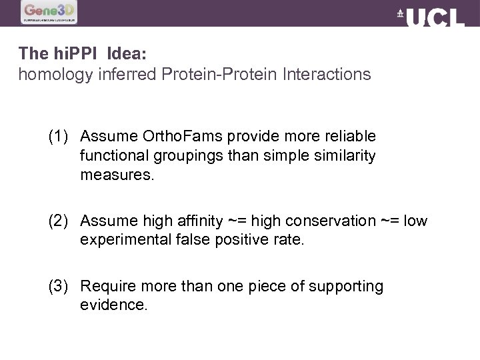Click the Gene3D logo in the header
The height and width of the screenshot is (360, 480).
[49, 12]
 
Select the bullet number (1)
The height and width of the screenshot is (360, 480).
[60, 137]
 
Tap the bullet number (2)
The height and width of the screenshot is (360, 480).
[60, 221]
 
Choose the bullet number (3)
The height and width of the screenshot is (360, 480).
[60, 287]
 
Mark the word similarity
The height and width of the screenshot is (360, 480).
[344, 156]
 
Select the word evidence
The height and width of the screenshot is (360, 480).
[113, 305]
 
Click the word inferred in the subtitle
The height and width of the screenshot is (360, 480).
[127, 74]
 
